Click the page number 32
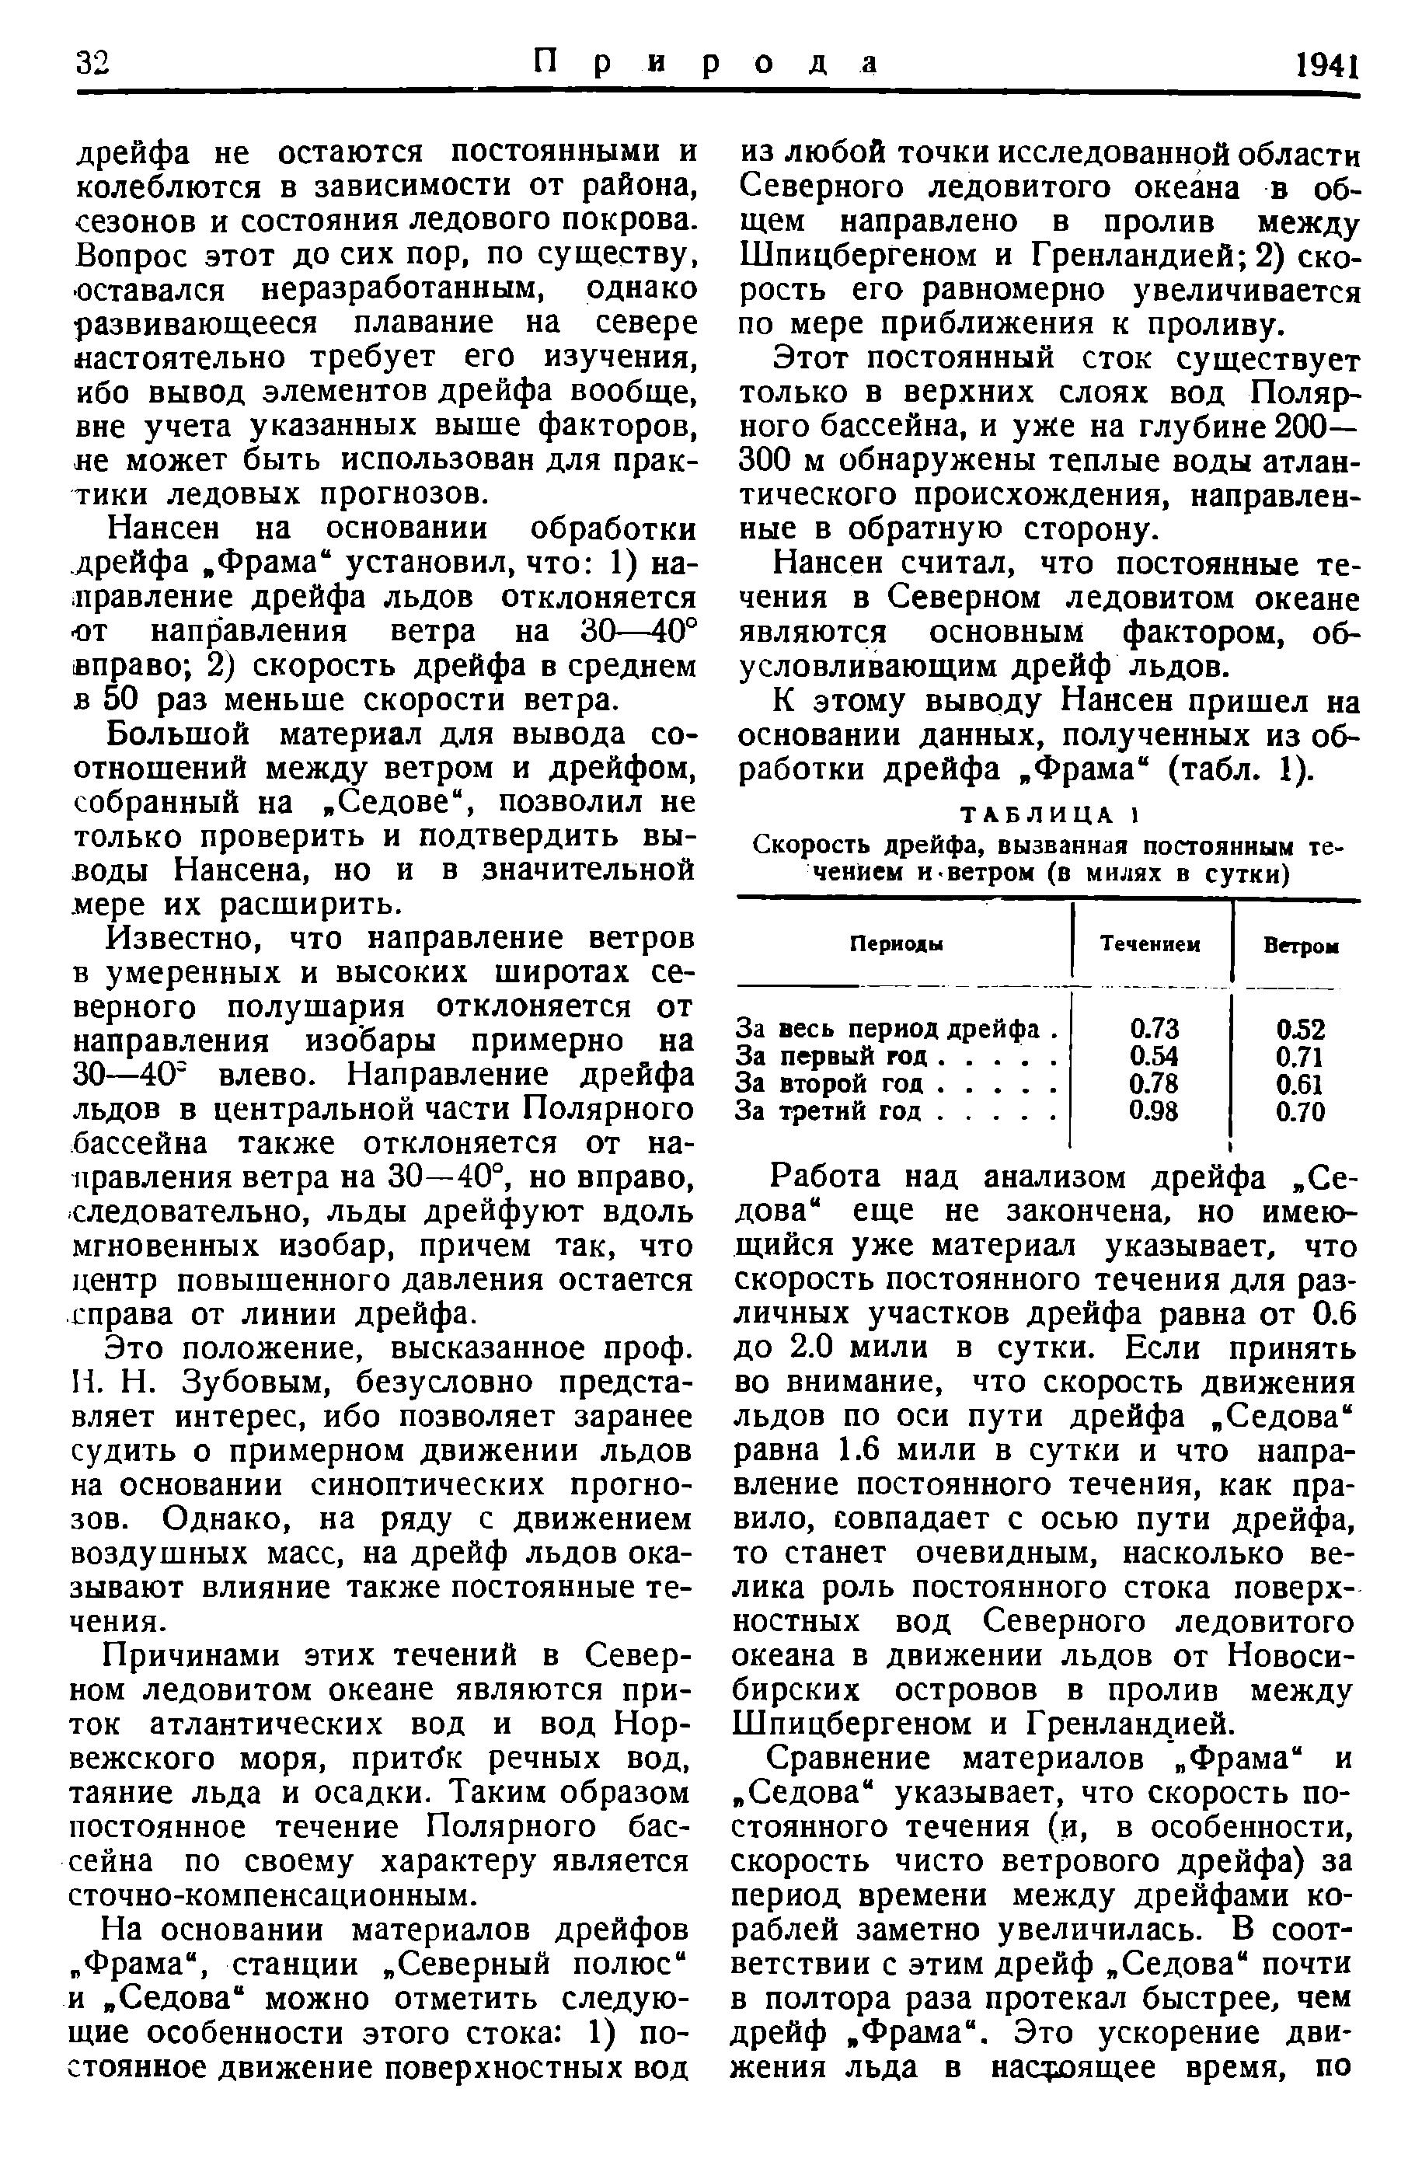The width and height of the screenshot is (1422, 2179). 92,63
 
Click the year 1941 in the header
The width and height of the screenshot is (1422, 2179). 1325,66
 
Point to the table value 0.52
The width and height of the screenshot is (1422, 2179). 1300,1029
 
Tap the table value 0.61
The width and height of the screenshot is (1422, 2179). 1300,1084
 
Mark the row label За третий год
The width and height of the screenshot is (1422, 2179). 836,1111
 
